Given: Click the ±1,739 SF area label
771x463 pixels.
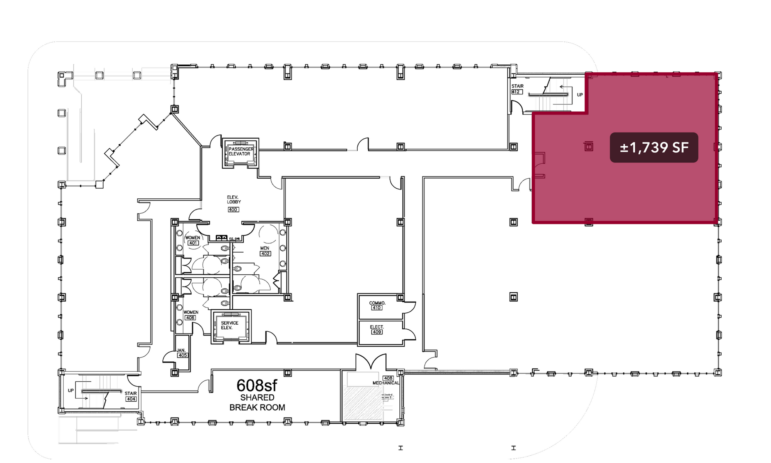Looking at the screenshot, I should pos(654,148).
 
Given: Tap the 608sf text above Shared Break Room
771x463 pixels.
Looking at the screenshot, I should pos(257,385).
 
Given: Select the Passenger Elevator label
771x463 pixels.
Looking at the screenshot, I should pos(241,151).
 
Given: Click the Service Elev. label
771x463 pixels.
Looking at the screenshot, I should pos(229,325).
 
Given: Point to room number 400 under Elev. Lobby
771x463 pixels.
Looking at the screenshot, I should pos(233,210).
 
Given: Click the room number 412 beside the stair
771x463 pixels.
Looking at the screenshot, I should pos(517,92).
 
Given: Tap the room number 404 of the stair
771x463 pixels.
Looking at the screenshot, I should pos(131,399).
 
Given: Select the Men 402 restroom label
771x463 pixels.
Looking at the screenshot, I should pos(265,251).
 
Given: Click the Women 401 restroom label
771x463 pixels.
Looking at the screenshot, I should pos(193,240).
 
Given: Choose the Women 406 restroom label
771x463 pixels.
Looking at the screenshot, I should pos(191,315).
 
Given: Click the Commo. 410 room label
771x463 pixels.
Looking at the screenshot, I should pos(377,305).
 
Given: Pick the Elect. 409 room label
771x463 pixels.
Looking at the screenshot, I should pos(377,329).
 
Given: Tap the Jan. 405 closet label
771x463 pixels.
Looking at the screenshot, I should pos(182,353).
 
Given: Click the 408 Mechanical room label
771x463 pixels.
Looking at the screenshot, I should pos(386,381).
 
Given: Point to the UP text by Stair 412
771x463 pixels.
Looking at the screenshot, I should pos(580,95).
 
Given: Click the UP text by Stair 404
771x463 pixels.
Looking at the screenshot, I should pos(71,391).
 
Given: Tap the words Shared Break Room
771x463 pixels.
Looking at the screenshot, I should pos(257,403).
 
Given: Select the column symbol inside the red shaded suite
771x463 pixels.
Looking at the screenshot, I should pos(588,146).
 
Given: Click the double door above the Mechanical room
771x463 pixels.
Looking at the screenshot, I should pos(370,362).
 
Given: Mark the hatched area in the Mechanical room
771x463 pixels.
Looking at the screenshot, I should pos(362,404).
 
